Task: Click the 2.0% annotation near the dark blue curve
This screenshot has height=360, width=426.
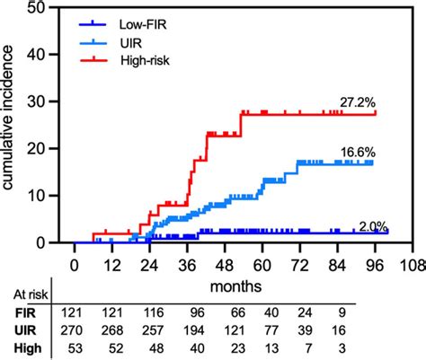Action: point(375,227)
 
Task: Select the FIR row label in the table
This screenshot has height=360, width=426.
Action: point(23,312)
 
